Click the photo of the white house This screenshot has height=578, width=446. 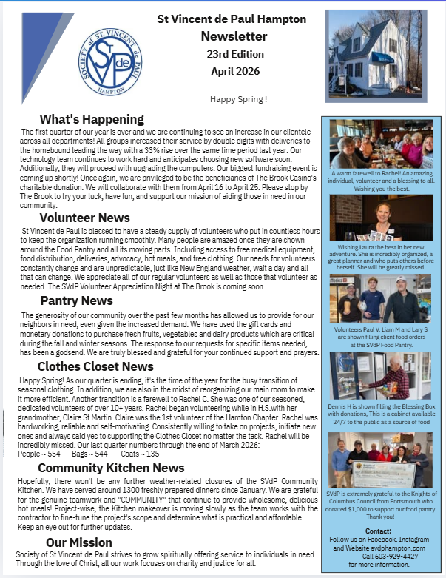point(376,56)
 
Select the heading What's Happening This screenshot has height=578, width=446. point(92,119)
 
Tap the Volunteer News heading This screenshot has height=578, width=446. point(85,218)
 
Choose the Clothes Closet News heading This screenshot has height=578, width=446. point(95,366)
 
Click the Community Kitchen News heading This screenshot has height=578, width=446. point(111,468)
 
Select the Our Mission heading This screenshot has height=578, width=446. point(78,543)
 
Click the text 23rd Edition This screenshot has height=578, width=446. point(234,54)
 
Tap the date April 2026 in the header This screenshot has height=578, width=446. point(234,71)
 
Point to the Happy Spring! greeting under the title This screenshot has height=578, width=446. point(239,98)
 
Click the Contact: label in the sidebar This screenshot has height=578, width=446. point(378,531)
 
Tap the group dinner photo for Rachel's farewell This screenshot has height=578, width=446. point(381,144)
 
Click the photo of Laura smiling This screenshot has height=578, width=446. point(381,218)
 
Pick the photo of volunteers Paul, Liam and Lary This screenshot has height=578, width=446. point(381,298)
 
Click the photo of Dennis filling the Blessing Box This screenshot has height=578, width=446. point(381,375)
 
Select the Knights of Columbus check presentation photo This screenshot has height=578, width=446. point(381,460)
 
